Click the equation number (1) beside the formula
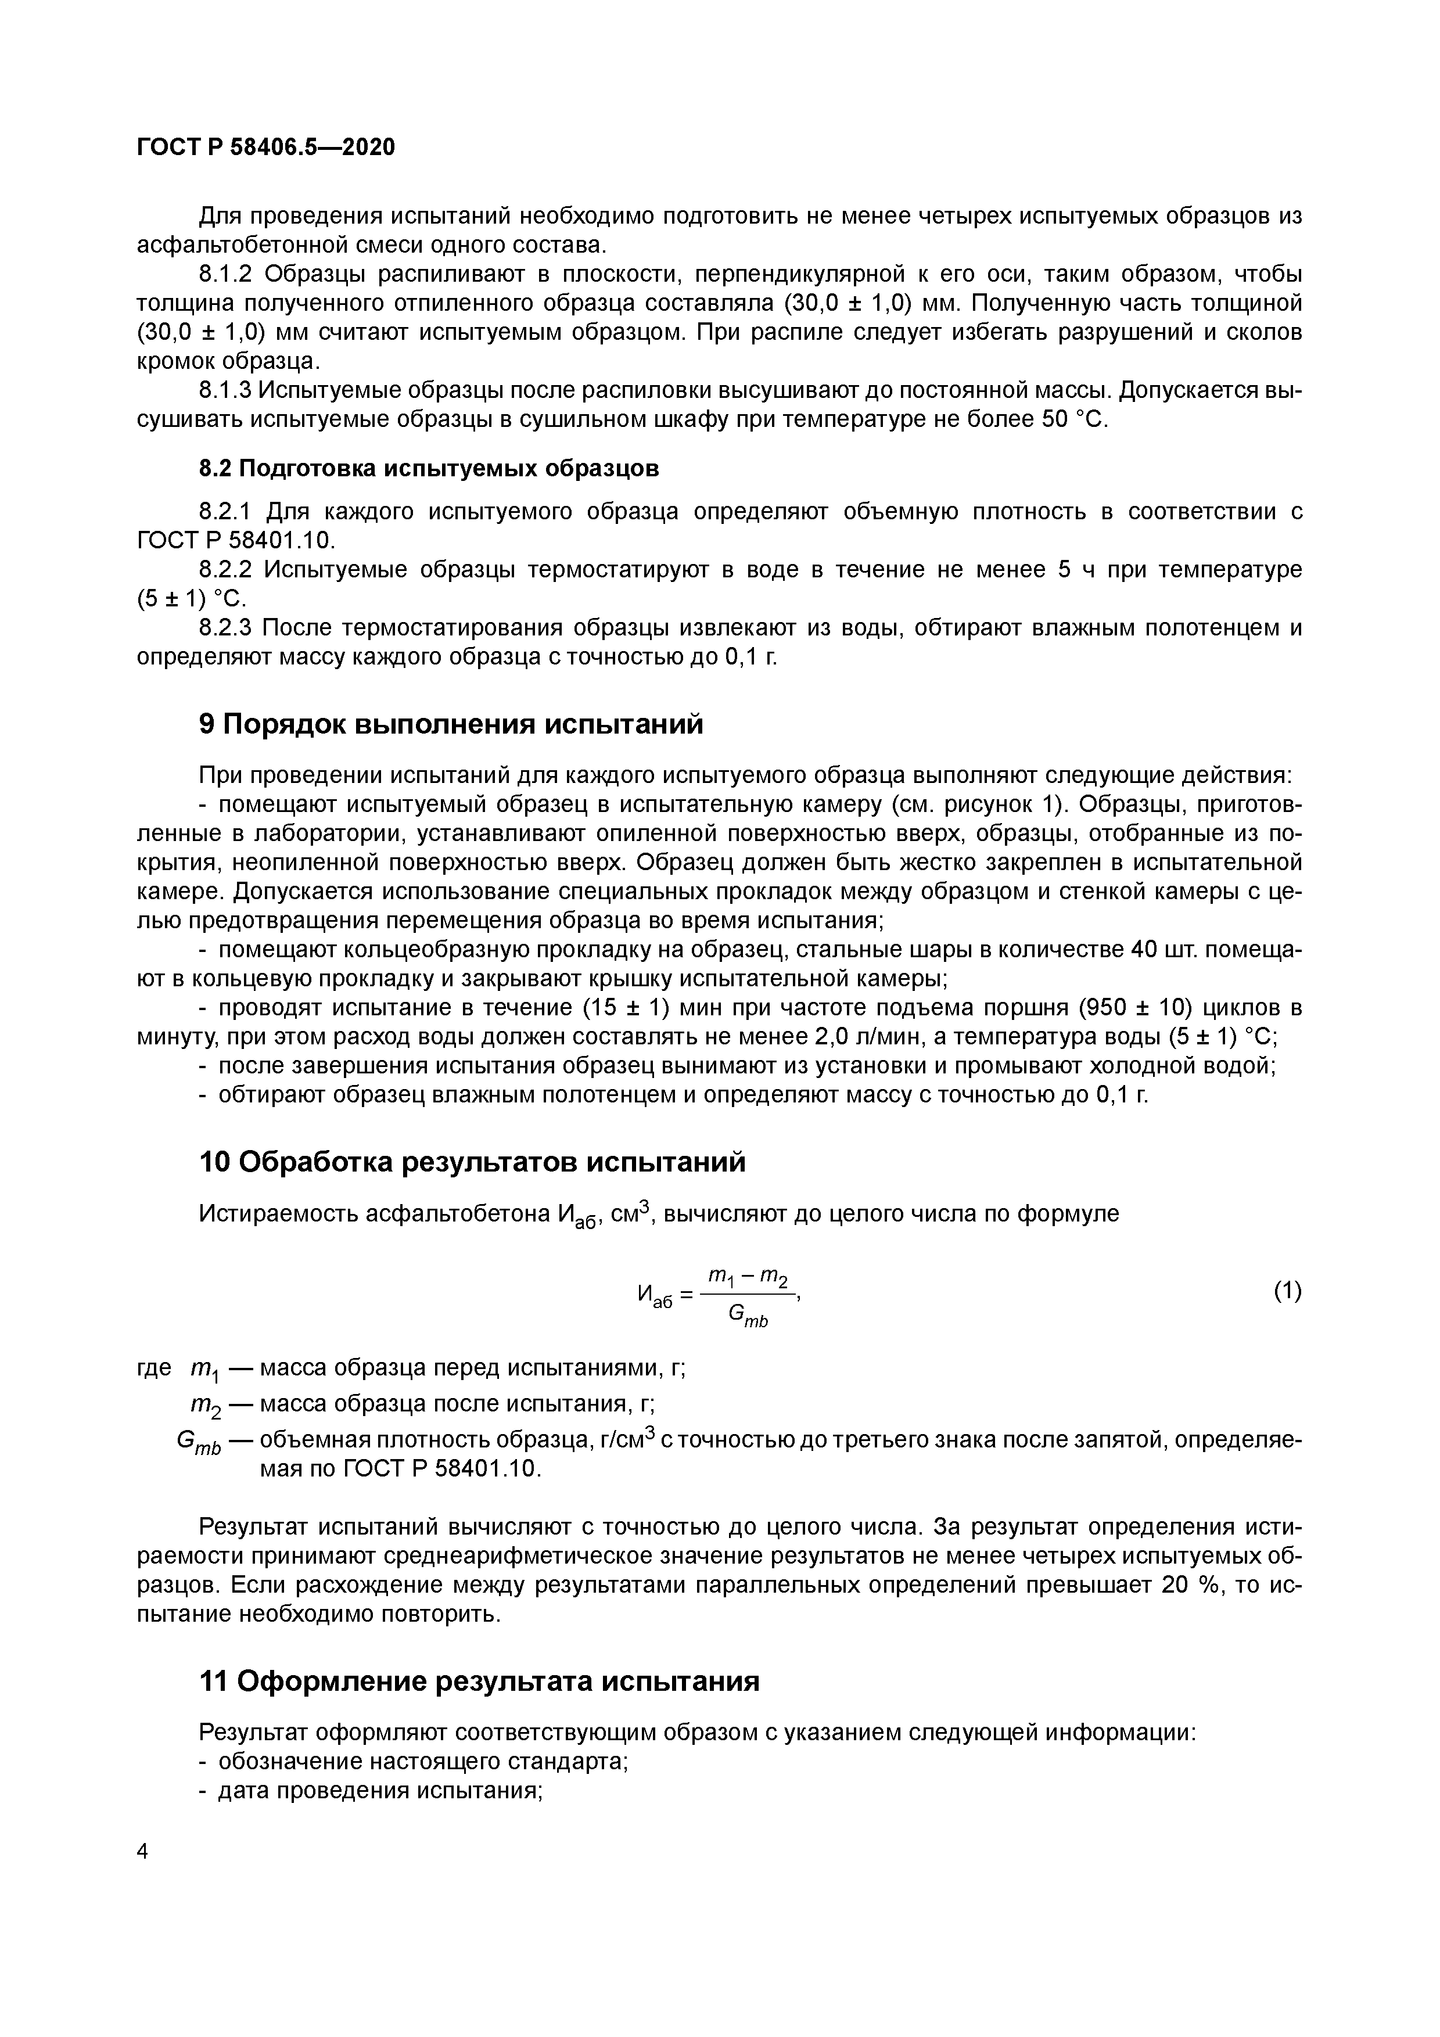coord(1287,1291)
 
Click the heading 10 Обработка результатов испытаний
coord(472,1161)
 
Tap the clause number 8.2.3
coord(226,627)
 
